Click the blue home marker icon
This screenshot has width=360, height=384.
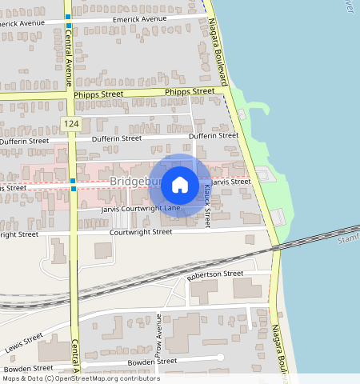(180, 184)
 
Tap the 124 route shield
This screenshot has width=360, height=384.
(71, 123)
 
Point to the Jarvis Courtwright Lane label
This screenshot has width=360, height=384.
(141, 209)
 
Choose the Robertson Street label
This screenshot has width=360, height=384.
(214, 274)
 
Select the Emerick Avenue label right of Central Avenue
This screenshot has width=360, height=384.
(140, 18)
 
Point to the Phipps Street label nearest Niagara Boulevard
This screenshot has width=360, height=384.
(190, 92)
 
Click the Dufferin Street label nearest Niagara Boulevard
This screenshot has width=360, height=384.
(214, 136)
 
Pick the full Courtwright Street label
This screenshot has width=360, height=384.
(141, 232)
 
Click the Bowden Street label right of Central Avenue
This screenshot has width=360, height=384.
(149, 362)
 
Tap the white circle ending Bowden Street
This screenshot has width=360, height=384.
(221, 357)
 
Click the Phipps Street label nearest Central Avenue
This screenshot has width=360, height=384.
(98, 94)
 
